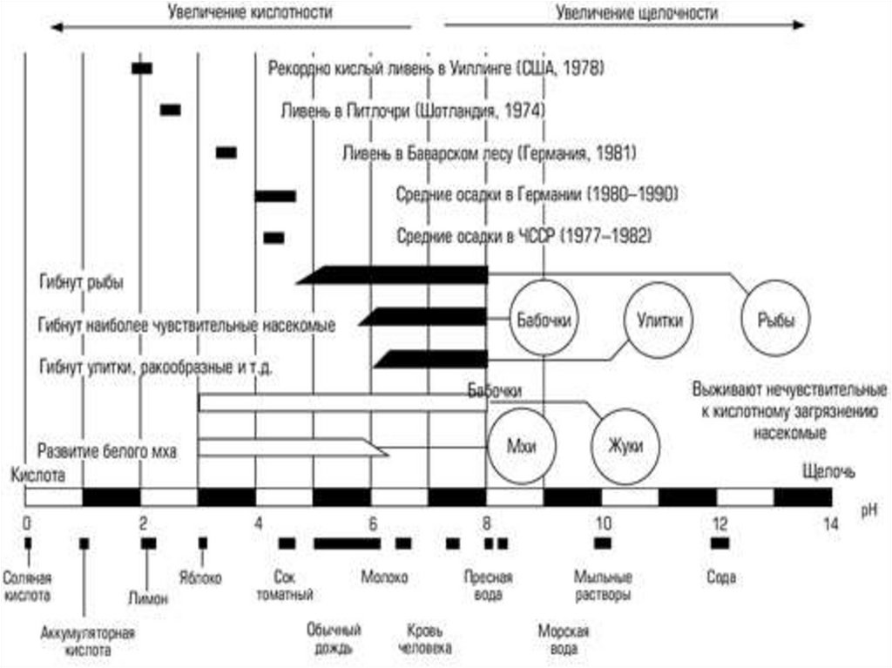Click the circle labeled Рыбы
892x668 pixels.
[x=774, y=320]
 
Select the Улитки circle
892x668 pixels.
[x=659, y=320]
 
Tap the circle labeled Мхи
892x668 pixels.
[x=521, y=445]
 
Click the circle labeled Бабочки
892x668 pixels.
[x=543, y=319]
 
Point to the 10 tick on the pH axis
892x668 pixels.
[x=603, y=523]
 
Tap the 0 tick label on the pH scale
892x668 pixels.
[x=27, y=523]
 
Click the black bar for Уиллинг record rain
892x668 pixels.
[x=141, y=68]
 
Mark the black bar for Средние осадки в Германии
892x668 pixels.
[x=275, y=196]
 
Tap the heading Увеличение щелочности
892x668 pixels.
[x=637, y=13]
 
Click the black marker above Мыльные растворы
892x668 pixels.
[x=603, y=543]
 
